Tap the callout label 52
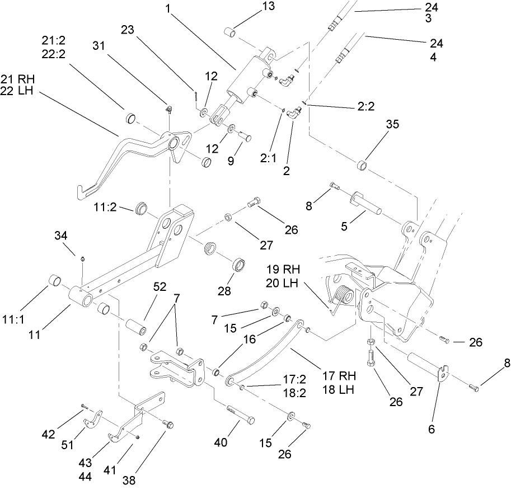click(x=160, y=287)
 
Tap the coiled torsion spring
click(x=343, y=296)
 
